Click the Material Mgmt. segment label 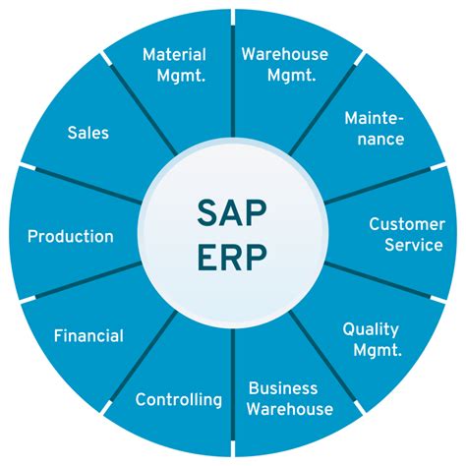[174, 65]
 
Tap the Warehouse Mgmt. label [285, 65]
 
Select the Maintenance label [375, 128]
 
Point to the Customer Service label [406, 235]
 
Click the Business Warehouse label [289, 398]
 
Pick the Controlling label [179, 399]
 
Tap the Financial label [88, 336]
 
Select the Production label [71, 236]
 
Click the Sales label [88, 132]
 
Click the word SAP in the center [232, 209]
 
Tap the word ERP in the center [232, 259]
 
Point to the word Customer [406, 224]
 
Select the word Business [283, 388]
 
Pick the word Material [174, 54]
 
